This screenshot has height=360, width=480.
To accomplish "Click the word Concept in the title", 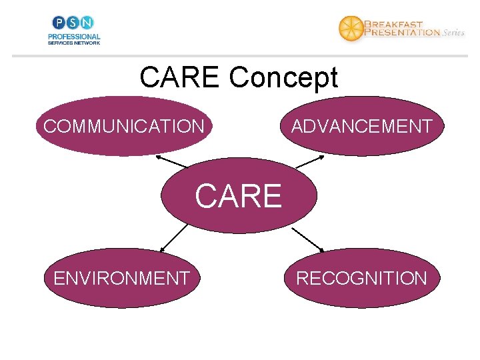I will (284, 78).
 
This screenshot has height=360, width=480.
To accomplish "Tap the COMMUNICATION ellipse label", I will (124, 126).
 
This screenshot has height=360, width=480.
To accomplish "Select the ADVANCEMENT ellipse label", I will (361, 126).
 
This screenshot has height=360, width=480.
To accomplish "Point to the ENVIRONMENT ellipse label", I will (121, 278).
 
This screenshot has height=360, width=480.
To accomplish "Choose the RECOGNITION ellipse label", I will (361, 278).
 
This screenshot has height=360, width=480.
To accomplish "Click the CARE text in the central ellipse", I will (239, 196).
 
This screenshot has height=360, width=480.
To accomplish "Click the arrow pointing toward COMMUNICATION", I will (172, 161).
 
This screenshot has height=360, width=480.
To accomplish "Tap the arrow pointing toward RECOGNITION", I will (308, 239).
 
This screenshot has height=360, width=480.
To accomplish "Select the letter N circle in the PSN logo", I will (87, 23).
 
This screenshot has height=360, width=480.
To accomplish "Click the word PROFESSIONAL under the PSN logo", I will (73, 37).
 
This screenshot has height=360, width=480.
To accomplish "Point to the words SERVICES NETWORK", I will (73, 43).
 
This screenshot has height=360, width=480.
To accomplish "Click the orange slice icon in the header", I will (351, 28).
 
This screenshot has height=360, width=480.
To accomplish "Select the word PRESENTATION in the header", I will (402, 31).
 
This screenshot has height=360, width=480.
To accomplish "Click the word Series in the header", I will (453, 33).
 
